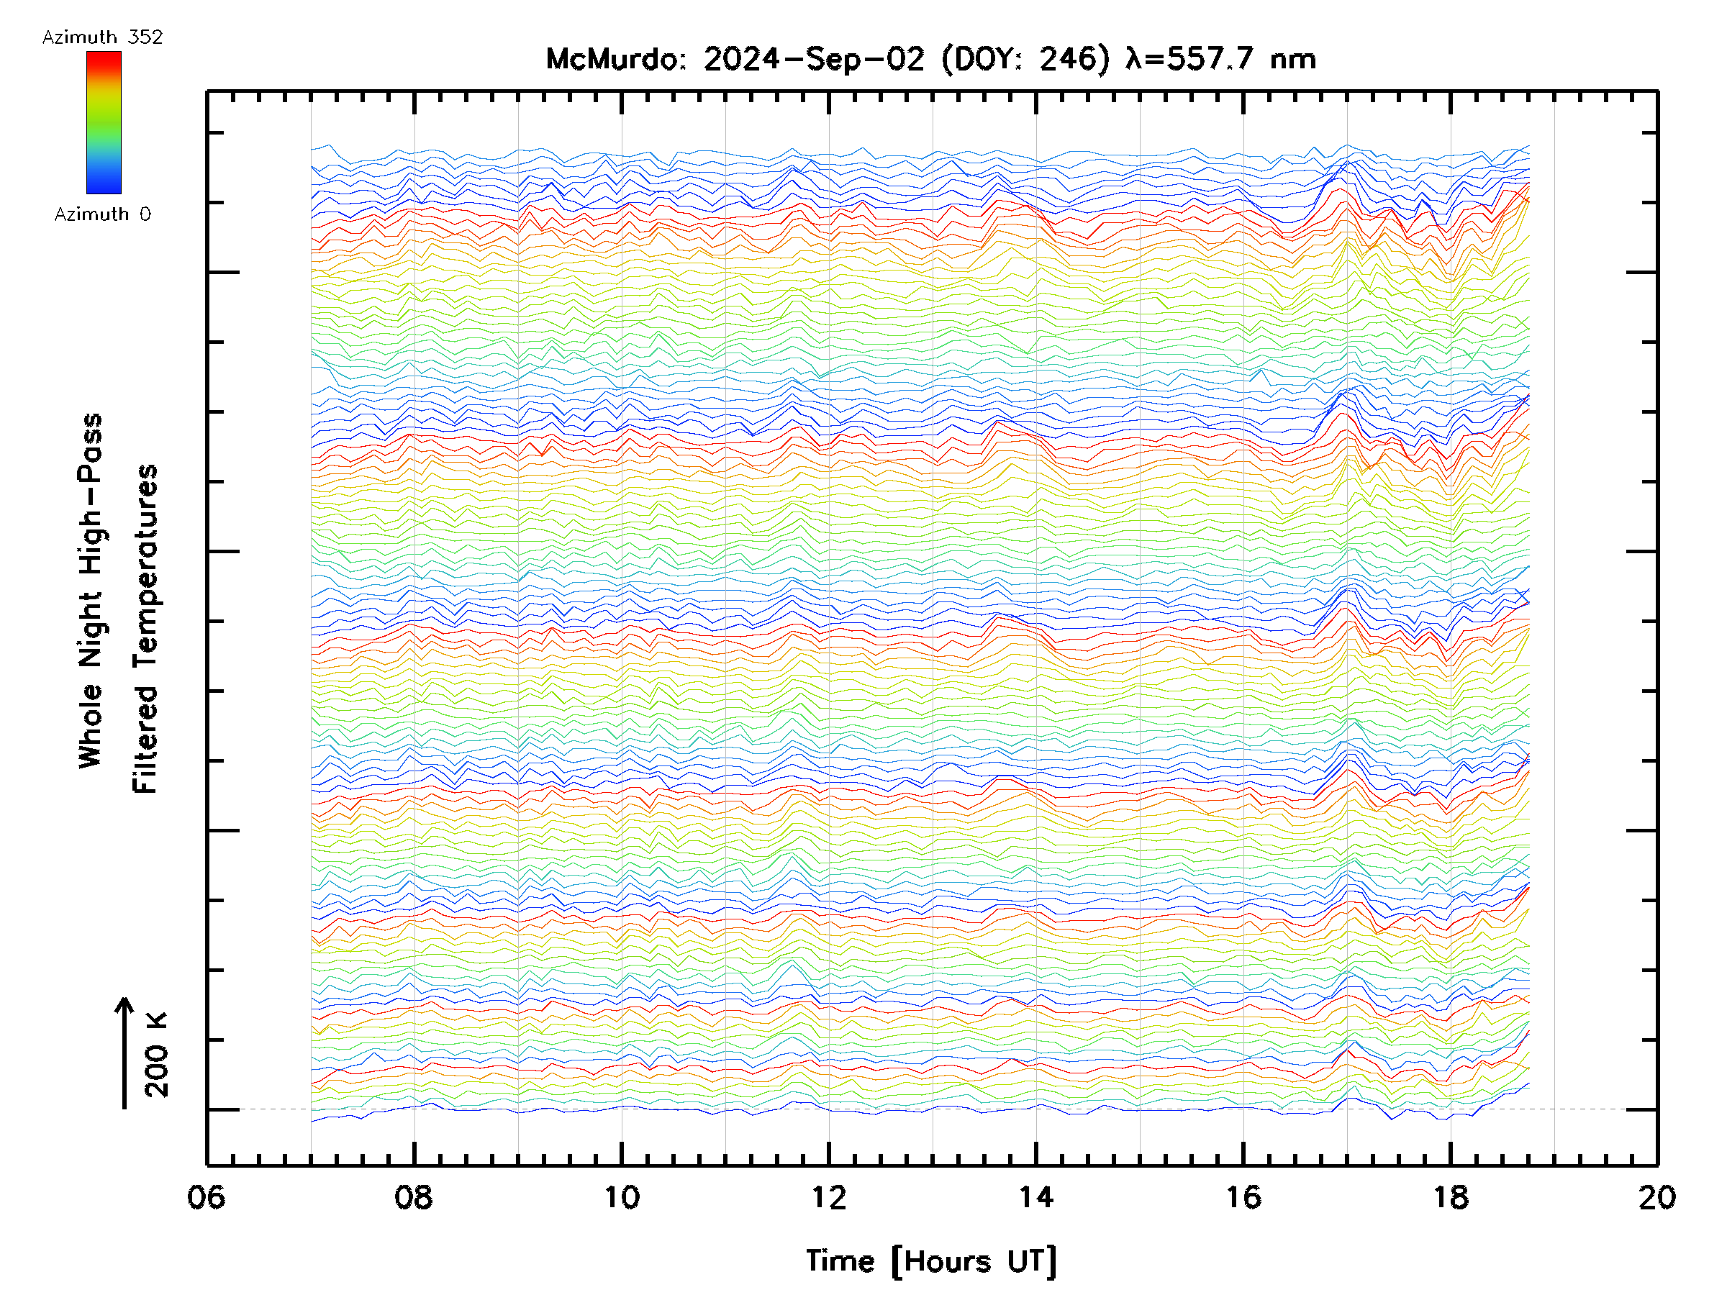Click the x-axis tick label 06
[206, 1196]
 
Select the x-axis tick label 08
[414, 1196]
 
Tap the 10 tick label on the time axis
[622, 1196]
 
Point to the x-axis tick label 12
[828, 1196]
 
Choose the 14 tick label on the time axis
[1036, 1196]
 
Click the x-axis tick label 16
[1243, 1196]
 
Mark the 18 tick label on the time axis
[1451, 1196]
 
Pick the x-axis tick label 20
[1656, 1196]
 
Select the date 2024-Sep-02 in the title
[815, 59]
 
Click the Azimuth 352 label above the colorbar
[102, 37]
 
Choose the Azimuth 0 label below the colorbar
[102, 214]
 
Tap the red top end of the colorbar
[104, 55]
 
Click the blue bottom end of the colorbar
[104, 190]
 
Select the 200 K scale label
[156, 1055]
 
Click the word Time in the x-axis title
[840, 1260]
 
